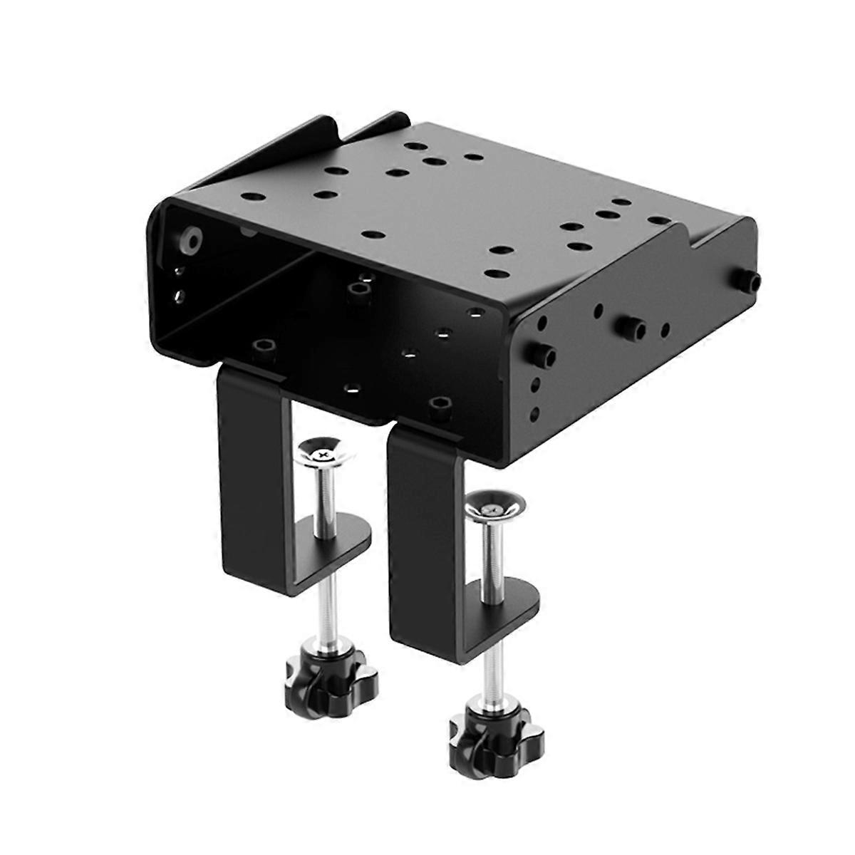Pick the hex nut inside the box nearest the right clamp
437,406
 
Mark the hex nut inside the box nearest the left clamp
262,348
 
